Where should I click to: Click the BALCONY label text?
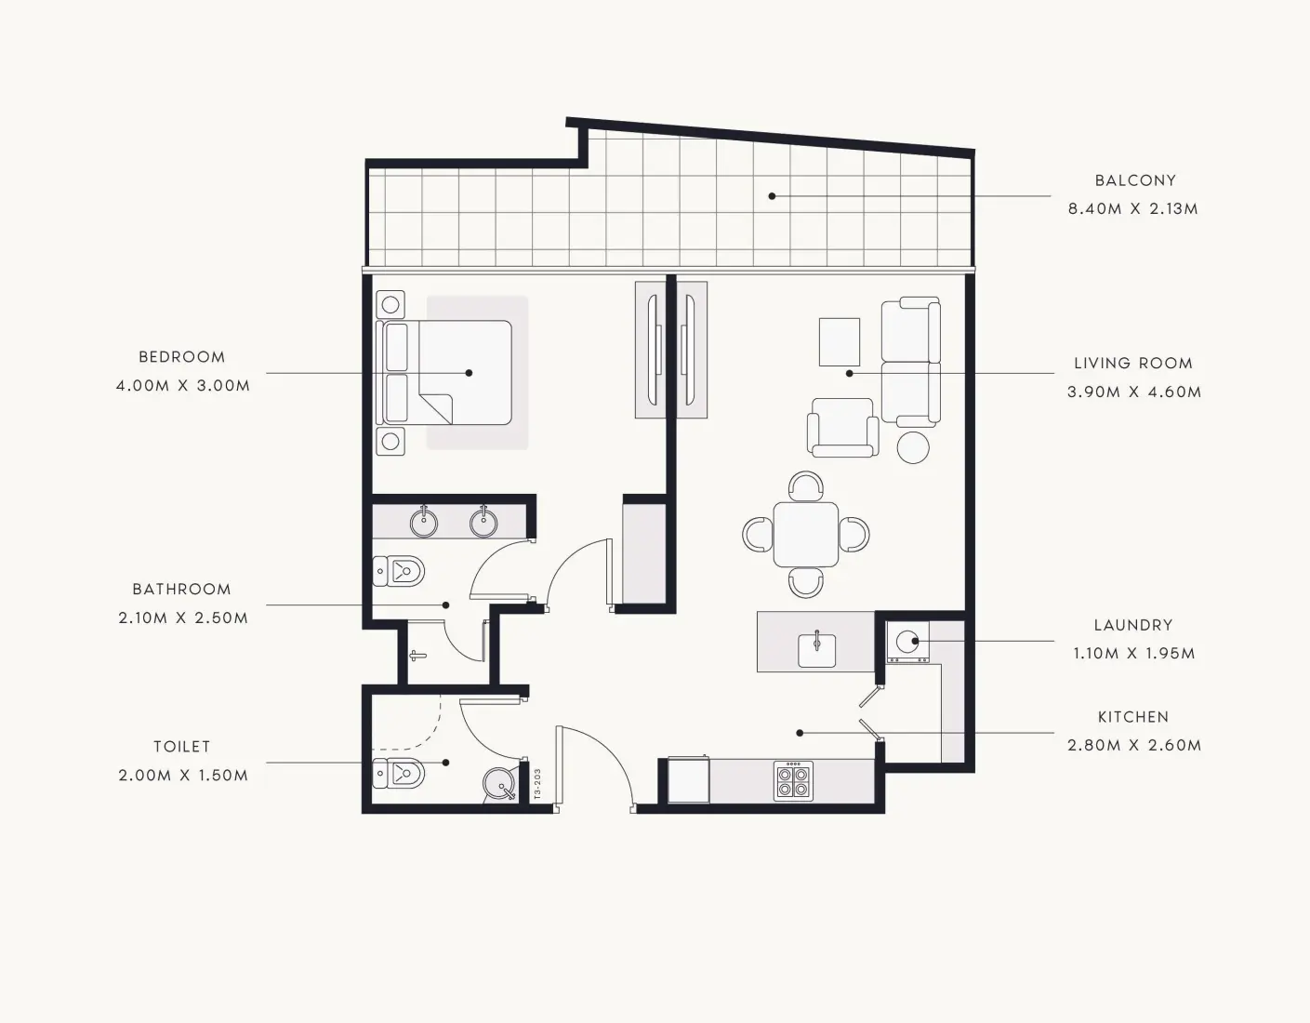[x=1135, y=180]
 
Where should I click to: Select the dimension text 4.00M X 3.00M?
[x=182, y=386]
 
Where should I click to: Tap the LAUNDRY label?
[x=1133, y=625]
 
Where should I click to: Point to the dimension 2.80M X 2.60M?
[x=1134, y=746]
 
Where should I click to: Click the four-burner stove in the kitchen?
[x=793, y=780]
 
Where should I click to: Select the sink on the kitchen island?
[x=817, y=649]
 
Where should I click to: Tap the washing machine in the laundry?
[x=907, y=642]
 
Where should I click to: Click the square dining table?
[x=806, y=535]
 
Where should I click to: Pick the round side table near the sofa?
[x=913, y=448]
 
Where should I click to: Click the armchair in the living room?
[x=842, y=428]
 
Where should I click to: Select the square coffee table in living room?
[x=840, y=342]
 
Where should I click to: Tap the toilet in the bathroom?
[x=399, y=571]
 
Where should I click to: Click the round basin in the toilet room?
[x=500, y=784]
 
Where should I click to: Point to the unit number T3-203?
[x=537, y=784]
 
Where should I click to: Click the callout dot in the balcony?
[x=772, y=196]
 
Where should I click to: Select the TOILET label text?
[x=182, y=747]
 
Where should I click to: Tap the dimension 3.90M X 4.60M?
[x=1134, y=392]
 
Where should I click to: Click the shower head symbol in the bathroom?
[x=417, y=656]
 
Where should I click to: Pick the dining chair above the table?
[x=806, y=485]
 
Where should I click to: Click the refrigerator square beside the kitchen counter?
[x=688, y=780]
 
